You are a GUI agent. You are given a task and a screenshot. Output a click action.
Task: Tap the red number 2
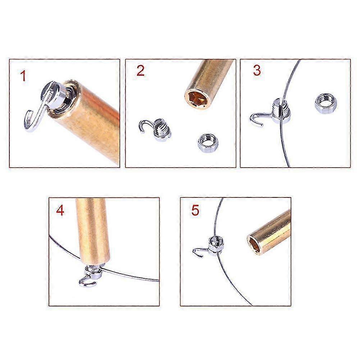click(140, 70)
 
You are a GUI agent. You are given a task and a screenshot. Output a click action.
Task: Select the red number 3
click(257, 70)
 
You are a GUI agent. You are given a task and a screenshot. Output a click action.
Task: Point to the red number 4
click(60, 210)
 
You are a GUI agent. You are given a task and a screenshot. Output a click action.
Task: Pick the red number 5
click(195, 210)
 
